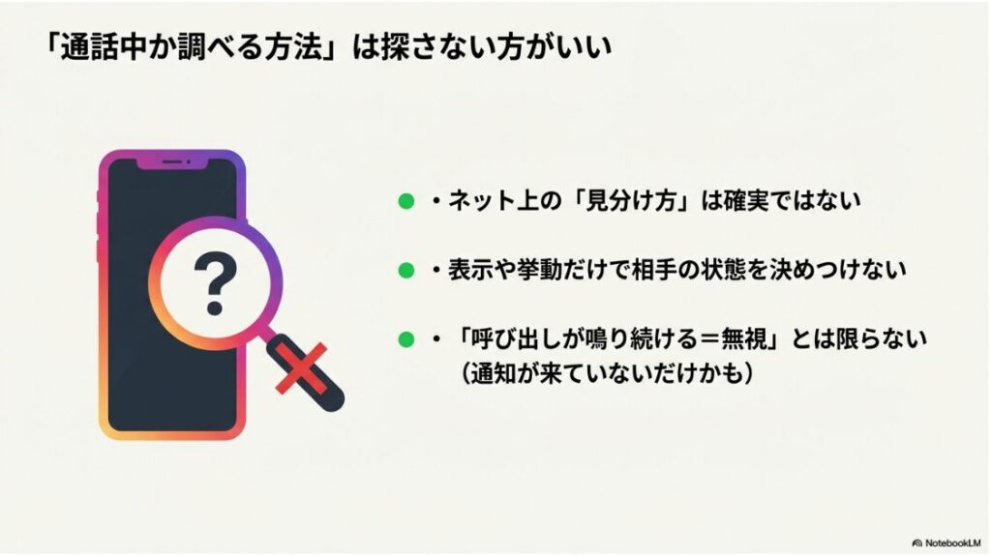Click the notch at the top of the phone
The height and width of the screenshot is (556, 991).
172,162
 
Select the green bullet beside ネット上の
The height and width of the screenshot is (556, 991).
406,201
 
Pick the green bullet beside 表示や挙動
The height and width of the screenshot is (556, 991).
406,270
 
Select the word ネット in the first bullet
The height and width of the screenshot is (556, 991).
480,201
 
